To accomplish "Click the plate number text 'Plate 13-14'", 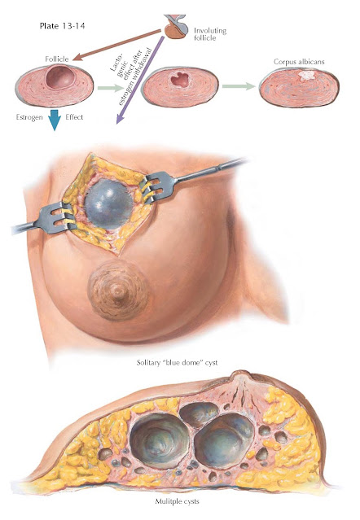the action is (62, 26).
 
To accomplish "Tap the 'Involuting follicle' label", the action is (210, 34).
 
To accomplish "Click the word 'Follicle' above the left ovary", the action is (57, 59).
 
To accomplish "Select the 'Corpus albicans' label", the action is (299, 62).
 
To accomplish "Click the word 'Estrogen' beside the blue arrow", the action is (29, 117).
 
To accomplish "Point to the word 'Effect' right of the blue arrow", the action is (74, 117).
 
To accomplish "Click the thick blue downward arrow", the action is (55, 120).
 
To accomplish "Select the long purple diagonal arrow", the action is (140, 80).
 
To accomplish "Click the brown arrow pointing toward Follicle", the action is (116, 45).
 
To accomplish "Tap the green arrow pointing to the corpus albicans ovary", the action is (239, 86).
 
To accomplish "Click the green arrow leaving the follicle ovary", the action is (111, 88).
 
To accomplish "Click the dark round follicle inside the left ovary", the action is (60, 76).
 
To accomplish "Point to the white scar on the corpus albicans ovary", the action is (306, 76).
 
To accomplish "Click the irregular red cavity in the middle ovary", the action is (179, 80).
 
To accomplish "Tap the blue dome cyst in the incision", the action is (109, 204).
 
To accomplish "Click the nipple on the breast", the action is (118, 291).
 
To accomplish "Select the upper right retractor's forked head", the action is (161, 186).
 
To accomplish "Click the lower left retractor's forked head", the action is (57, 219).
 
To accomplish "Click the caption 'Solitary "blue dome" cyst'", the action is (178, 362).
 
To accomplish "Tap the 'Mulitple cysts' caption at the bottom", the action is (178, 501).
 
